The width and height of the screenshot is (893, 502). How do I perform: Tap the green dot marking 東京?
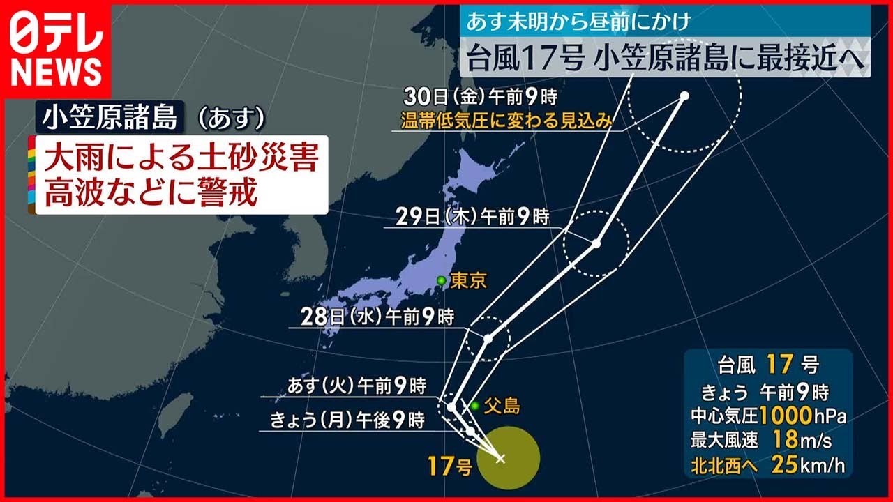pos(441,280)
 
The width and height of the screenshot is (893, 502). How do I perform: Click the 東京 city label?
pos(468,281)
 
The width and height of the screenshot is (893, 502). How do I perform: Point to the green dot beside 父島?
pos(474,406)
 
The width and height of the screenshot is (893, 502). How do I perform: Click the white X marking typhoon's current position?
pos(500,458)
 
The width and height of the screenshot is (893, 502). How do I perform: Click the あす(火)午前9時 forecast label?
pos(357,386)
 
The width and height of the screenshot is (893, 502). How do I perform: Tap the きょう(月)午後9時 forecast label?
pos(347,420)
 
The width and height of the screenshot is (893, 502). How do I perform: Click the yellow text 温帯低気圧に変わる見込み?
pos(506,120)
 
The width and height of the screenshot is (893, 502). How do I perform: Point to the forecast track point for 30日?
pos(684,96)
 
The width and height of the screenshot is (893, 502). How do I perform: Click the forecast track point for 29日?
pos(596,243)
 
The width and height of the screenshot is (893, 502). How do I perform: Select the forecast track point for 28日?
pos(488,339)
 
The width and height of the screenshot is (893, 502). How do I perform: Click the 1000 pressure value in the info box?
pos(785,416)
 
